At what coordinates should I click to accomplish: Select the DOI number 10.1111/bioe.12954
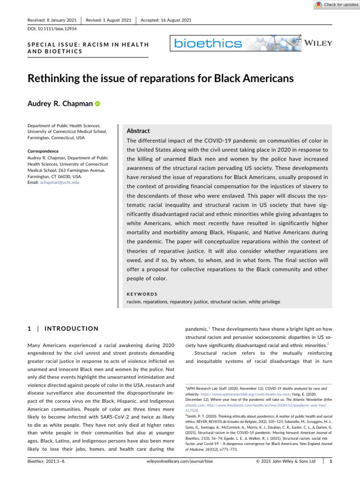click(x=48, y=29)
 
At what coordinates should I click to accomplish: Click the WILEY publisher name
click(x=318, y=43)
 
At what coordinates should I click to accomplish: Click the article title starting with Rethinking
click(x=159, y=79)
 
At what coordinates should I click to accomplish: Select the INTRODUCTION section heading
click(x=70, y=329)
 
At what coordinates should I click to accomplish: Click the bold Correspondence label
click(x=42, y=151)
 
